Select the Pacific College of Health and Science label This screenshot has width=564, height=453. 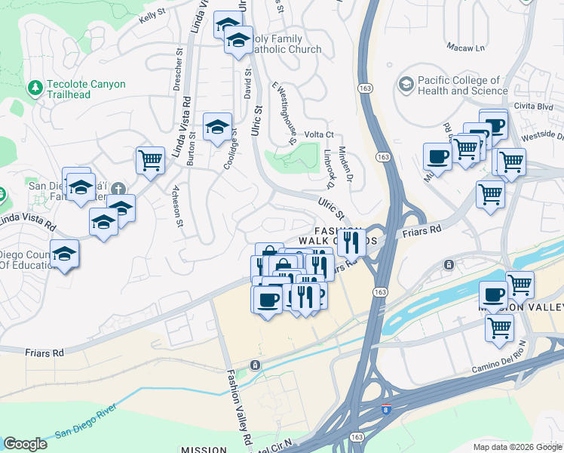461,85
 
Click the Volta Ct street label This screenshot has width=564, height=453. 319,134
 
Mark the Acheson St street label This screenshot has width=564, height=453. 178,206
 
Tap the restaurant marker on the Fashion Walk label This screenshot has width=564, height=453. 350,242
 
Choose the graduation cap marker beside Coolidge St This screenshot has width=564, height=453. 217,128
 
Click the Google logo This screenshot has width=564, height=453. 26,444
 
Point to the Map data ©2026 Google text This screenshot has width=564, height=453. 516,447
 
